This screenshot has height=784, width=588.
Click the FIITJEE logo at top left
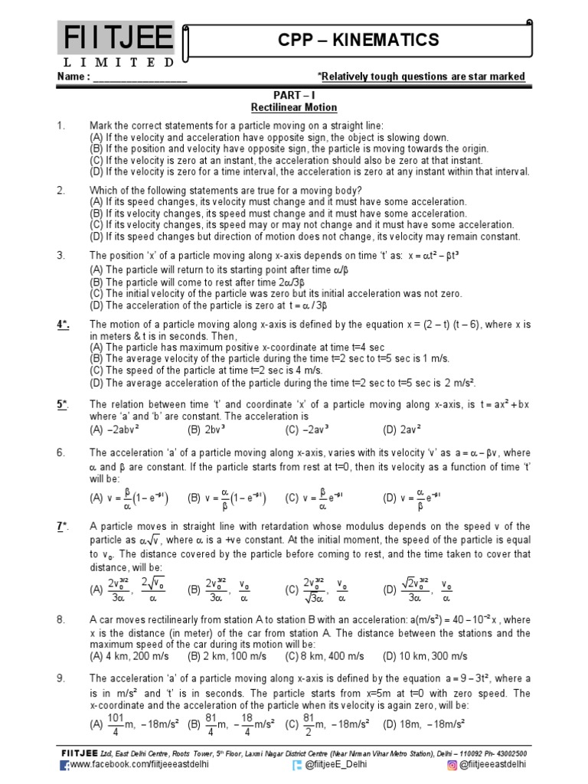coord(116,37)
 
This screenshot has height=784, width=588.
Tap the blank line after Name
coord(140,77)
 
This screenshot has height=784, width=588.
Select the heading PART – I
coord(295,95)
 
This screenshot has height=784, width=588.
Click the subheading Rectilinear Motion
coord(295,108)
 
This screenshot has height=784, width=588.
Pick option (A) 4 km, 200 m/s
coord(134,656)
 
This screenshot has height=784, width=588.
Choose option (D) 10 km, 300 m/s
coord(425,656)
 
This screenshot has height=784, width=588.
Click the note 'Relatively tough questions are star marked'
coord(423,77)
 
